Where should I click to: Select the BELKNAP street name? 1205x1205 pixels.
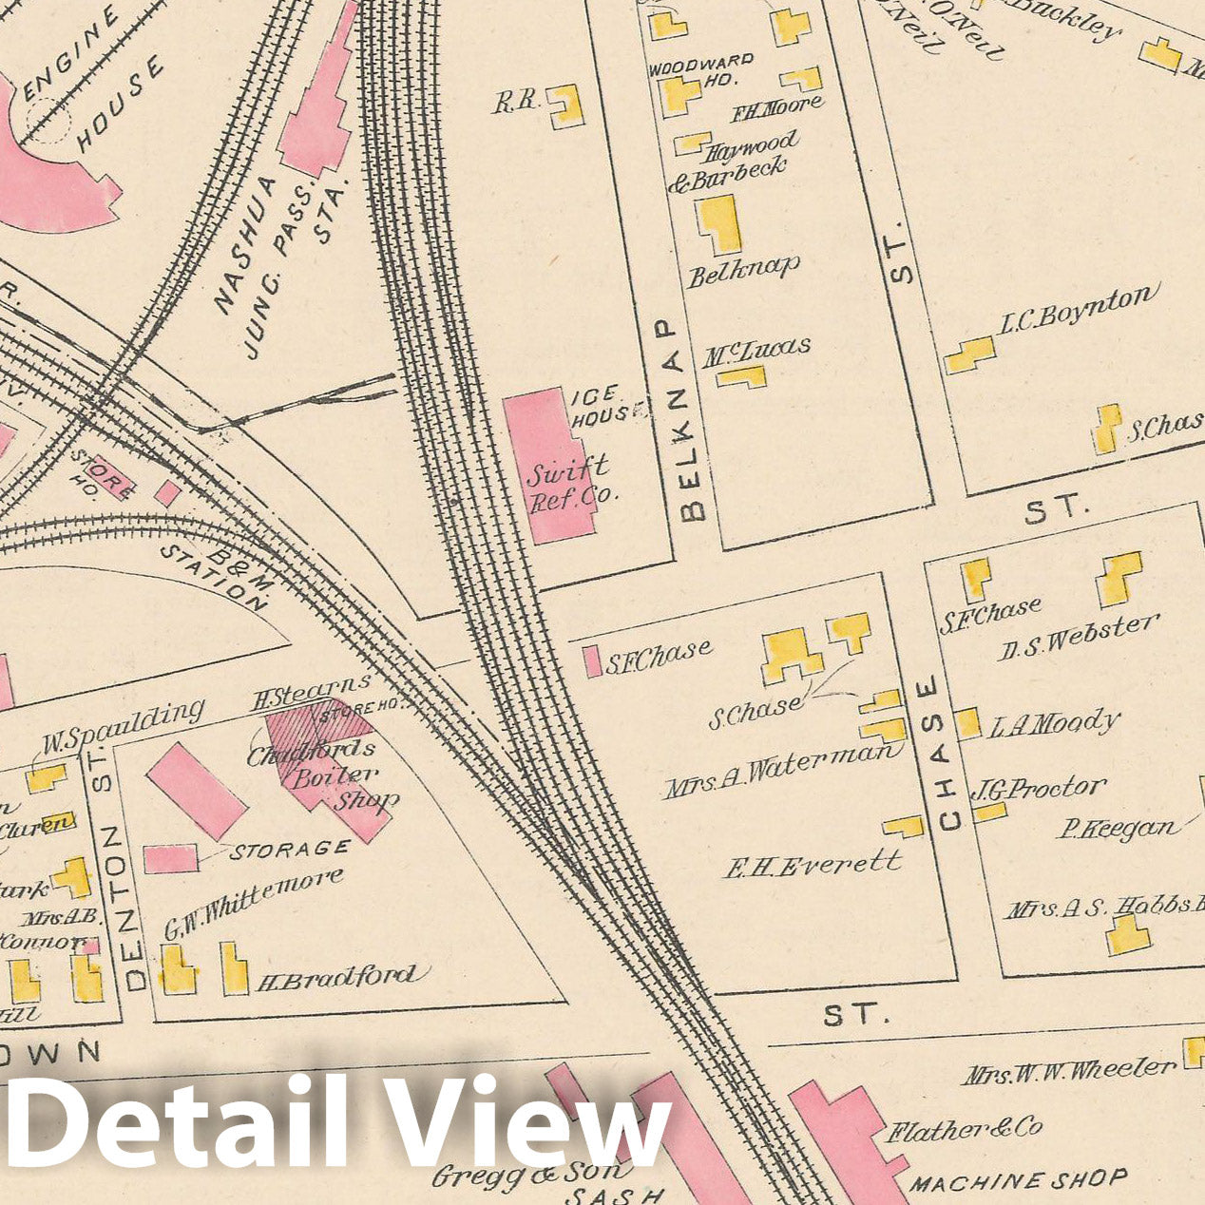coord(694,419)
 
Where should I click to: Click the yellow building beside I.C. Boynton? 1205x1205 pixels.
coord(969,355)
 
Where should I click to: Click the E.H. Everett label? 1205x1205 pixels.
coord(813,865)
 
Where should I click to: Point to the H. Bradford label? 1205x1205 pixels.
coord(336,977)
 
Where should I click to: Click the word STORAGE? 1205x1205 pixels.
coord(290,848)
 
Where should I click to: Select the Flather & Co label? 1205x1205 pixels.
coord(965,1130)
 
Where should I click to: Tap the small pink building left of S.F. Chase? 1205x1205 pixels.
coord(592,661)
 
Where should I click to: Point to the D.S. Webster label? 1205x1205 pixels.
coord(1079,637)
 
